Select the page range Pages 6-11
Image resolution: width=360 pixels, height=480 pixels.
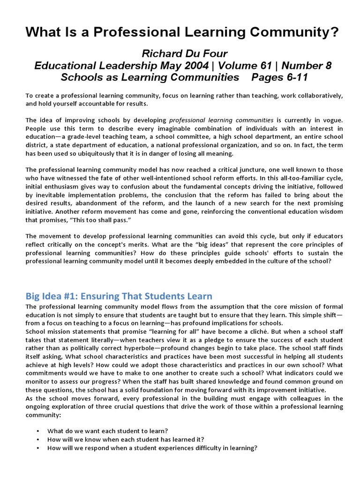coord(280,77)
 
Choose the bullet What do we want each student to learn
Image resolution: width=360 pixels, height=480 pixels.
coord(108,431)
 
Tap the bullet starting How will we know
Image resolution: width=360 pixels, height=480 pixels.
coord(126,439)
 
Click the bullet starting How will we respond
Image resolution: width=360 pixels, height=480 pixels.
coord(152,448)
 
